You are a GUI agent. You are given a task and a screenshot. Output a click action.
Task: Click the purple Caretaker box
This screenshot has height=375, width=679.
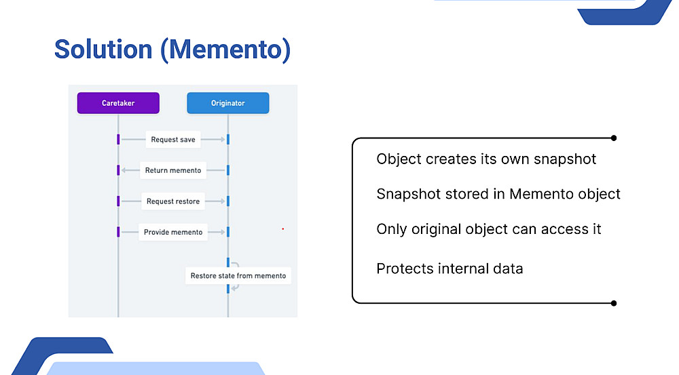click(118, 103)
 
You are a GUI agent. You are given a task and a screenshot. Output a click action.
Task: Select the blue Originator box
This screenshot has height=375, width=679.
click(227, 103)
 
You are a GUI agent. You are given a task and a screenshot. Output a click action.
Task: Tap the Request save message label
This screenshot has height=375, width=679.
click(173, 139)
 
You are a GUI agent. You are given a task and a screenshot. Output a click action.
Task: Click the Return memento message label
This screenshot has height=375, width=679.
click(173, 170)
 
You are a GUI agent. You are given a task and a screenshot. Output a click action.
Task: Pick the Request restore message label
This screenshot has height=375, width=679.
click(173, 201)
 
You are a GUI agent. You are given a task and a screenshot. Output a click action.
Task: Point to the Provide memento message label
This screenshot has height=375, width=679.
click(173, 233)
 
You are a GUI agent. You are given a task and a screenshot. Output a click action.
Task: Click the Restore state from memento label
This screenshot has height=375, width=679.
click(238, 275)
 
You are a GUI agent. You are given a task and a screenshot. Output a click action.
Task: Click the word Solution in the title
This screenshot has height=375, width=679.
click(103, 50)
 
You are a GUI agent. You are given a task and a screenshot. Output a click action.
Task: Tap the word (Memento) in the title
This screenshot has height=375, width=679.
click(225, 50)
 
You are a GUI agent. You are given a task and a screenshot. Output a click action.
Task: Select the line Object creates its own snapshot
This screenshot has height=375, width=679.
click(486, 159)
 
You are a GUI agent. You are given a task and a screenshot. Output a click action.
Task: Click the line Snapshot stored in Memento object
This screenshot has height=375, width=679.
click(498, 194)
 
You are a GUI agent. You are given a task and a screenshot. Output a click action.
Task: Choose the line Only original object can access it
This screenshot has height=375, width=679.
click(489, 229)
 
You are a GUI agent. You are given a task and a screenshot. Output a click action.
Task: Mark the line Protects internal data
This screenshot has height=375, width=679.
click(449, 269)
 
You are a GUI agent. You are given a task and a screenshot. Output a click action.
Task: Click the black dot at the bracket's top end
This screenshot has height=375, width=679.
click(614, 138)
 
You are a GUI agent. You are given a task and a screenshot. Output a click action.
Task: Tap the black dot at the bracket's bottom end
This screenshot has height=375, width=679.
click(614, 303)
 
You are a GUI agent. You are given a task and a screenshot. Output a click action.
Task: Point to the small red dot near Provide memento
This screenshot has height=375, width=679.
click(282, 229)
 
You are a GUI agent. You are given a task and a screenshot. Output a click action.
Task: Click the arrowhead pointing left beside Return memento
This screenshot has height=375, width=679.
click(124, 170)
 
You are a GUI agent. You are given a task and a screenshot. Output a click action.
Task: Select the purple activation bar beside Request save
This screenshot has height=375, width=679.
click(118, 139)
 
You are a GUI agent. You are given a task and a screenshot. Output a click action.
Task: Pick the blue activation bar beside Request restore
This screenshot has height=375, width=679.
click(228, 201)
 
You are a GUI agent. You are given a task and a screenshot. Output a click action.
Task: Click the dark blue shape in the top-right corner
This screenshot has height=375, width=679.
click(623, 12)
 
